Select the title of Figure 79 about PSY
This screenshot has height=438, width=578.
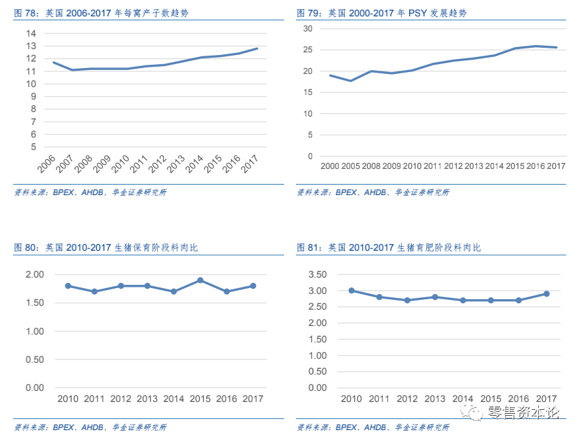382,13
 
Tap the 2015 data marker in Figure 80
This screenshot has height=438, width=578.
200,280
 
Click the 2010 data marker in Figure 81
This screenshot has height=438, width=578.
352,291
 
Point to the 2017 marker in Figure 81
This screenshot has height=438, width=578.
546,294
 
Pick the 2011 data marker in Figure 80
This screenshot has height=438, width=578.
94,291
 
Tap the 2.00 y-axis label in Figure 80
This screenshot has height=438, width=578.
34,274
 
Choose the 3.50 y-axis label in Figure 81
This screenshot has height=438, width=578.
317,274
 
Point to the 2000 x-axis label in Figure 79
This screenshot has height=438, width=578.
331,166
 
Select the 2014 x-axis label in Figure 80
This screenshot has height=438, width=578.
173,399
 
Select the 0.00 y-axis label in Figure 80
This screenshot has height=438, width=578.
34,388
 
